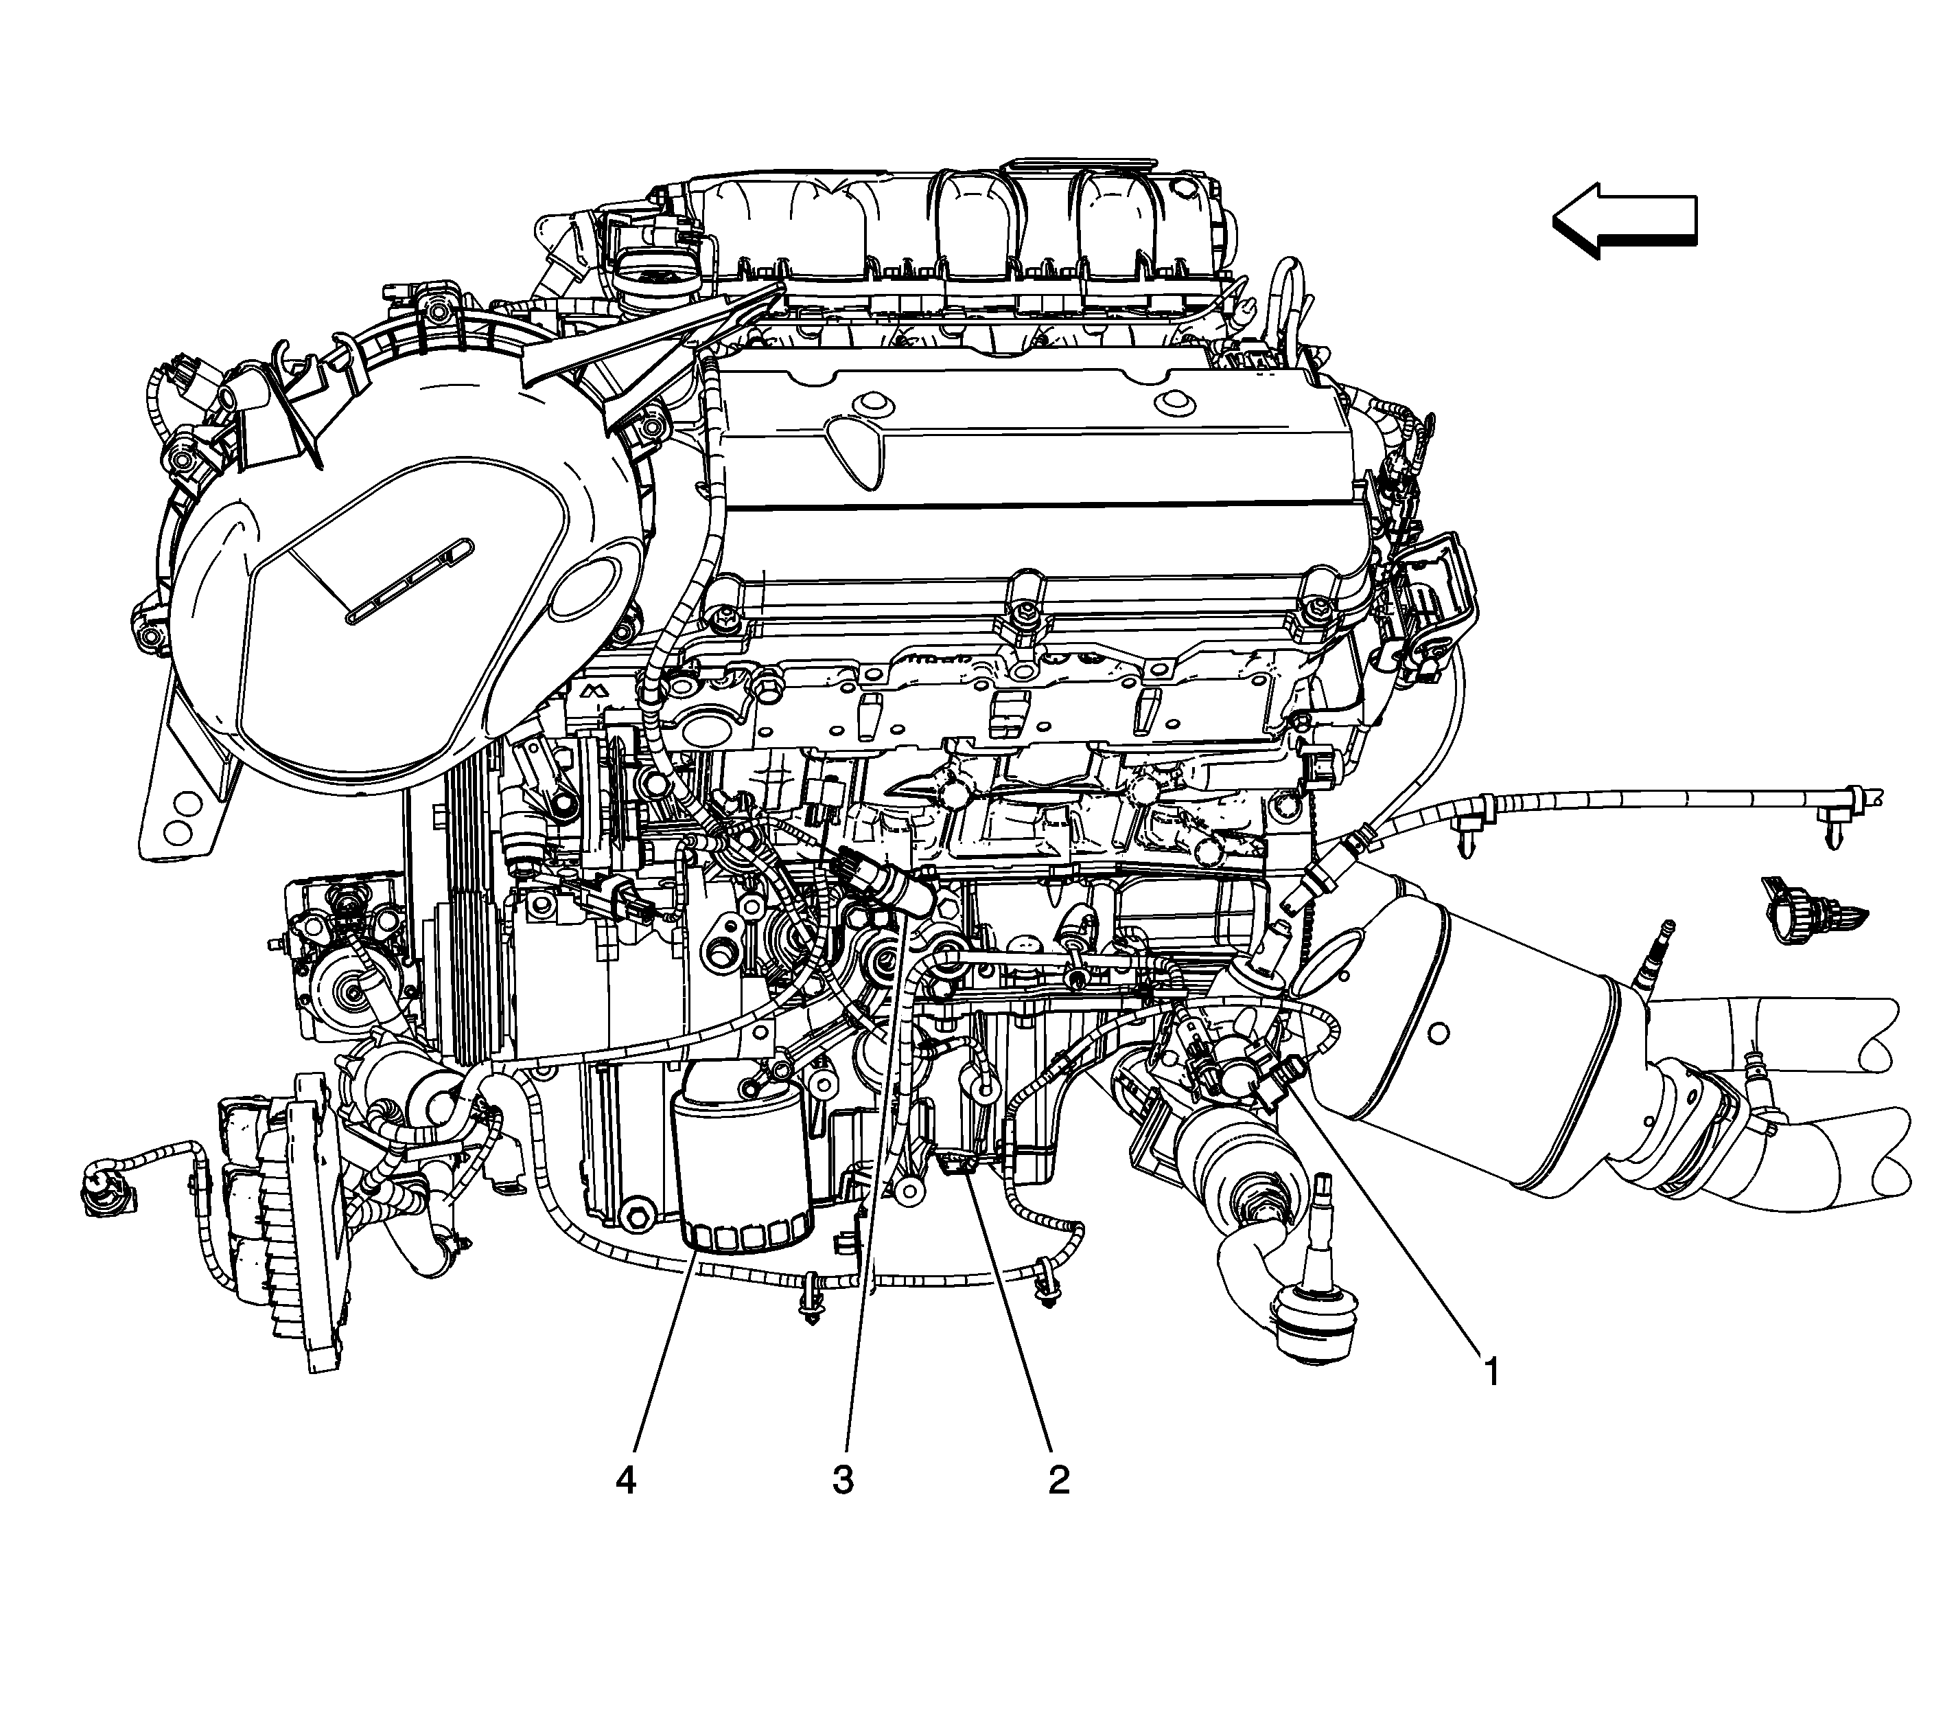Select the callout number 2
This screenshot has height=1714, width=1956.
click(1058, 1481)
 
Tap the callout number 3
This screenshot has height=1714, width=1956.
click(842, 1481)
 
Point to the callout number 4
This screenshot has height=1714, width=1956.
click(626, 1481)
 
